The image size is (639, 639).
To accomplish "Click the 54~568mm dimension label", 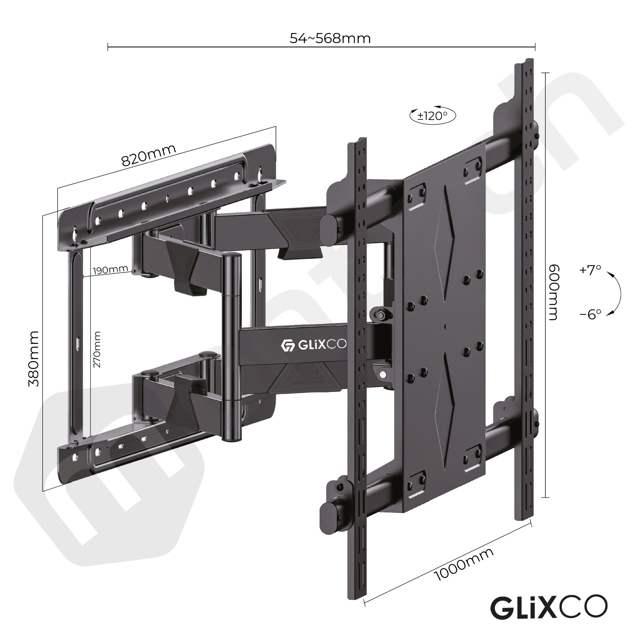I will point(330,39).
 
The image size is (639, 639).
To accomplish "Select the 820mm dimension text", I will point(149,156).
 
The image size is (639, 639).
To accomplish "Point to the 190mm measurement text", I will point(110,270).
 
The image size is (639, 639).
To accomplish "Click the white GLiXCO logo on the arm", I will point(313,345).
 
